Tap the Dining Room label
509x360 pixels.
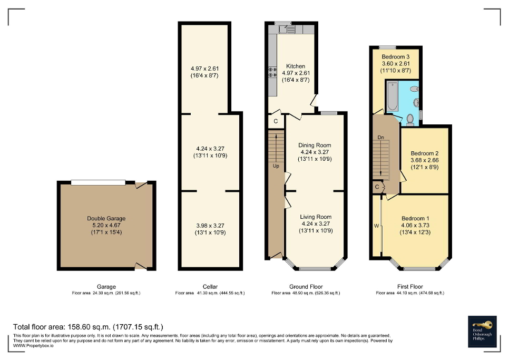click(x=315, y=145)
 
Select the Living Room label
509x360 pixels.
click(x=316, y=217)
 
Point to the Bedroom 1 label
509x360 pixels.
click(x=415, y=219)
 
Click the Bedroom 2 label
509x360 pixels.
click(x=425, y=154)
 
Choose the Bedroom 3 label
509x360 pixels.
click(x=396, y=57)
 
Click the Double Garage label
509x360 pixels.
click(x=106, y=218)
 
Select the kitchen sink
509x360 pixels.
click(x=288, y=30)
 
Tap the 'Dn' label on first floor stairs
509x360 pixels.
click(x=380, y=138)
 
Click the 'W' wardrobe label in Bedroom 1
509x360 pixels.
click(x=376, y=226)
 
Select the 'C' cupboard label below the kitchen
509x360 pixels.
click(x=276, y=121)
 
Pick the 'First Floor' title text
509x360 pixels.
click(x=410, y=287)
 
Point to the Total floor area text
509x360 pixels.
click(x=87, y=327)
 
